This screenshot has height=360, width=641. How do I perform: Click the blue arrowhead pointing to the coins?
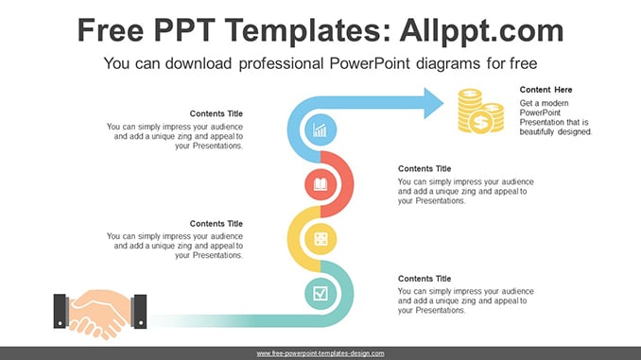(x=433, y=103)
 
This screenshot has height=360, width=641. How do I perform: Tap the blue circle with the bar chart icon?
(x=320, y=129)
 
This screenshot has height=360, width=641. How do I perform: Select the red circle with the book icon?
(x=320, y=184)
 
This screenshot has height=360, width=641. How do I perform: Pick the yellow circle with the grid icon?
(x=320, y=239)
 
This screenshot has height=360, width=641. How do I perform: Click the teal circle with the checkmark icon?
(x=320, y=294)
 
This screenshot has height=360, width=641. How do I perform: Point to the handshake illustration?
(x=100, y=314)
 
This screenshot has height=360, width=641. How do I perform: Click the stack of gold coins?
(x=480, y=111)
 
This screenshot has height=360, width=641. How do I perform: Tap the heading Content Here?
(x=546, y=90)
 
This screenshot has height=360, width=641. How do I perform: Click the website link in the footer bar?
(x=320, y=353)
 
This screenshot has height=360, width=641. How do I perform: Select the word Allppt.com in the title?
(x=481, y=30)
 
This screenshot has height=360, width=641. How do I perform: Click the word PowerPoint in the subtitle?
(x=369, y=63)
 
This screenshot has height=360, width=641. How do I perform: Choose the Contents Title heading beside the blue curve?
(x=216, y=113)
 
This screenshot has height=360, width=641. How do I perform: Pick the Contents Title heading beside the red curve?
(x=424, y=169)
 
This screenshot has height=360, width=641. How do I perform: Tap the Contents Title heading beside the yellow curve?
(x=216, y=224)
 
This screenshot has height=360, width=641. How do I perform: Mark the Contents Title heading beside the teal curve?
(x=424, y=279)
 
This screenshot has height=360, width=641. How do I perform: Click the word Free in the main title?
(x=111, y=30)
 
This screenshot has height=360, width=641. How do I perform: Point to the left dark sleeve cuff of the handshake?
(x=61, y=311)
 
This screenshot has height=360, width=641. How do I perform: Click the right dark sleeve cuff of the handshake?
(x=139, y=312)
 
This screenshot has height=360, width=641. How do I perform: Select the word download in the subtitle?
(x=199, y=63)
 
